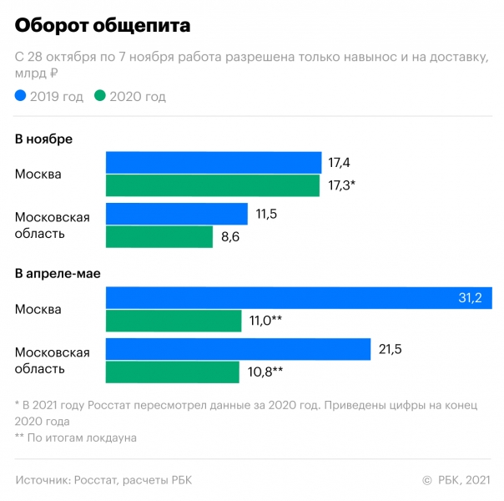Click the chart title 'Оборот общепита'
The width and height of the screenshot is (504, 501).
tap(102, 26)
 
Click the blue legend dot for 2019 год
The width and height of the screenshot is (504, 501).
tap(21, 97)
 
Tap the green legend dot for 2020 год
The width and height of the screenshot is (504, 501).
tap(100, 97)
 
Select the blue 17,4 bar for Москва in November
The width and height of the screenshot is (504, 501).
tap(213, 162)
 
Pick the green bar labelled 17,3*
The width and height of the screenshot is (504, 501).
tap(212, 185)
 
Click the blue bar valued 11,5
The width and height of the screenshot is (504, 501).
tap(176, 214)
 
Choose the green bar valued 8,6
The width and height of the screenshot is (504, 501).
tap(159, 237)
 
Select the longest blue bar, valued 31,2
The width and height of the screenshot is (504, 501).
tap(298, 298)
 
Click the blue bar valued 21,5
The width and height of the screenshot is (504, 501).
tap(238, 349)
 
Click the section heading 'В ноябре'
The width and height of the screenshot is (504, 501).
tap(44, 139)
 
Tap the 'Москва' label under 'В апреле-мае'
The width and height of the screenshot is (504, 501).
tap(38, 309)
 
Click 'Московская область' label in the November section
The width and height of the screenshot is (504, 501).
tap(53, 225)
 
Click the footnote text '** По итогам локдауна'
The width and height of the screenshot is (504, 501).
tap(76, 437)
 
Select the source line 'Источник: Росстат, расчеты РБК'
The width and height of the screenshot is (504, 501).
tap(108, 480)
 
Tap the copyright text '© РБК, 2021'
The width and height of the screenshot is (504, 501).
tap(456, 480)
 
